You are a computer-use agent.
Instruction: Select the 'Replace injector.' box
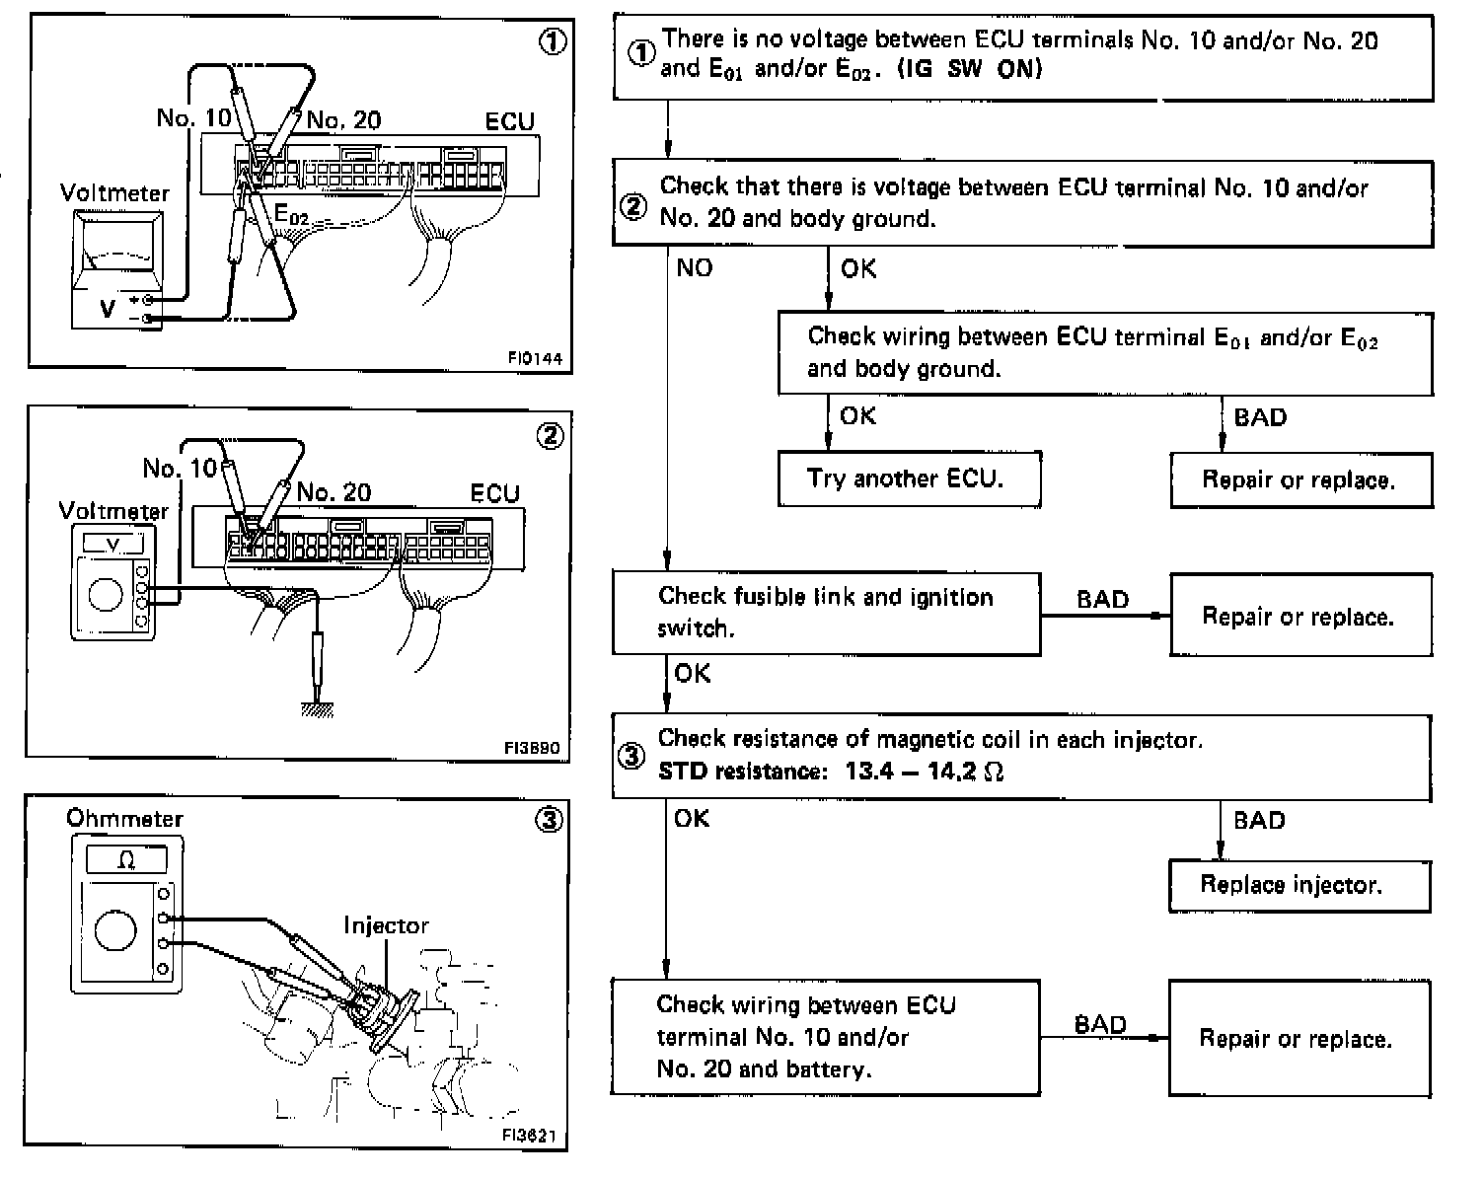[1298, 885]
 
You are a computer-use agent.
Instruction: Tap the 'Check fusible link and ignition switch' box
[826, 613]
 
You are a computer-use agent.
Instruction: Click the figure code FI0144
[535, 358]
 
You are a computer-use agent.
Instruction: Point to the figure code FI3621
[529, 1136]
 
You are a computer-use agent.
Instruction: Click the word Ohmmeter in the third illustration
[124, 818]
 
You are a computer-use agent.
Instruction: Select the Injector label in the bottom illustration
[386, 925]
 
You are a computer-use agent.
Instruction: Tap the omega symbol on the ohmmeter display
[126, 860]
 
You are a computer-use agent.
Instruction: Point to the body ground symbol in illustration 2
[316, 708]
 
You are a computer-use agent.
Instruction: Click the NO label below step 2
[694, 268]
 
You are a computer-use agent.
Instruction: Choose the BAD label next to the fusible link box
[1102, 600]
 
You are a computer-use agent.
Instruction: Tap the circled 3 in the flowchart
[631, 756]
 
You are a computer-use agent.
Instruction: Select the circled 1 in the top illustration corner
[554, 42]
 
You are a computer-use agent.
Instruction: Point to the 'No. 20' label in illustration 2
[334, 492]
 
